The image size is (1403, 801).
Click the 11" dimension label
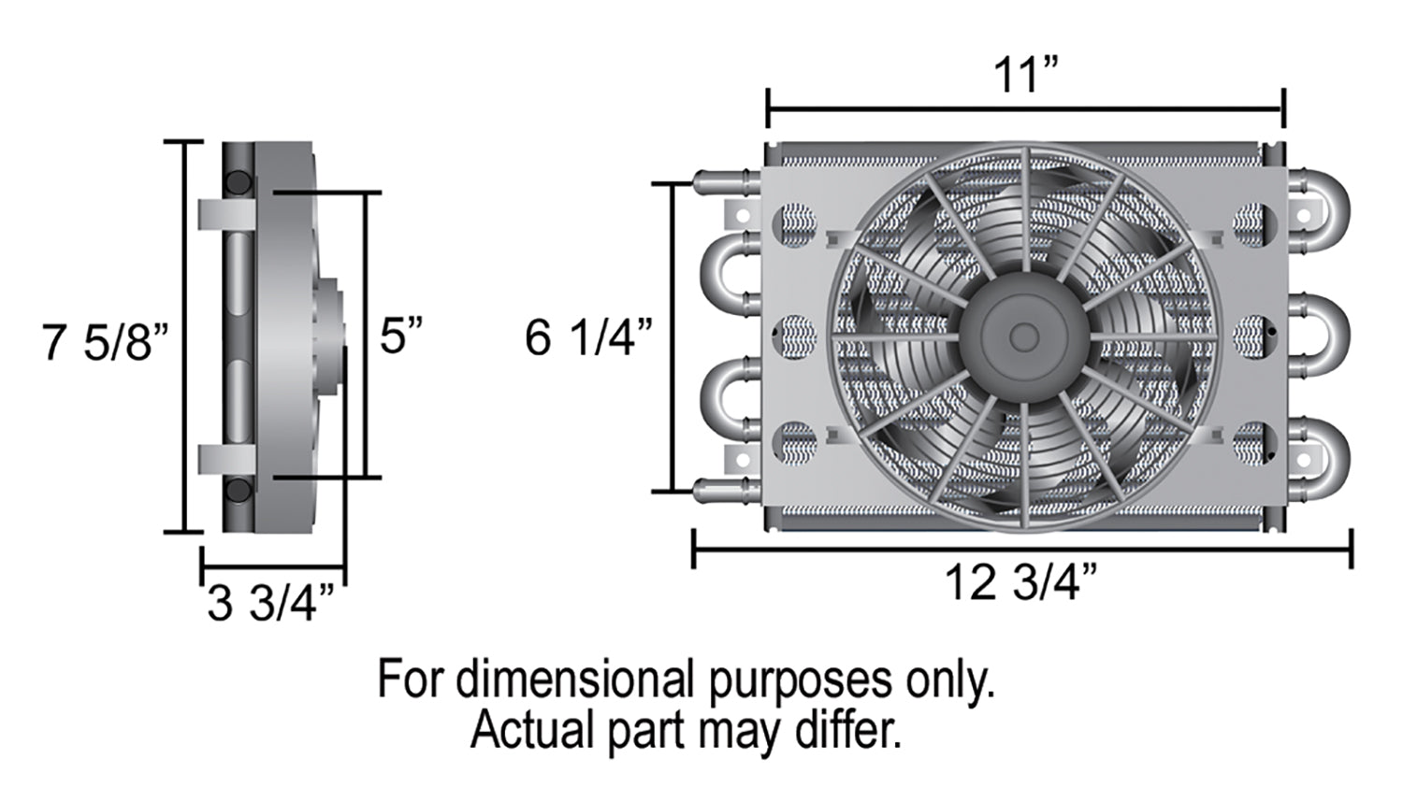pos(1025,75)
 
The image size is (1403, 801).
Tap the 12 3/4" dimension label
pos(1020,582)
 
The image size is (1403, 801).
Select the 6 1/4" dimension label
pos(588,337)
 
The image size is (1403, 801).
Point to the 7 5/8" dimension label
pos(105,342)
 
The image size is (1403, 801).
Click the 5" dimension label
pos(401,336)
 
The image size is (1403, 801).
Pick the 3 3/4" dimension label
pos(270,603)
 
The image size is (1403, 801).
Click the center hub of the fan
pos(1024,337)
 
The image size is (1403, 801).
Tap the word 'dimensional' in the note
pos(575,679)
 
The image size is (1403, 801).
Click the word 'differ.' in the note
pos(847,730)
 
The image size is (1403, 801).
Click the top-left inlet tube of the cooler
pos(727,182)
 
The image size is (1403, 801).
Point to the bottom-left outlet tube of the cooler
pos(727,491)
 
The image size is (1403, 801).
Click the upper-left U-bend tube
pos(730,275)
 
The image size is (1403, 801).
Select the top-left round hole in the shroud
pos(795,224)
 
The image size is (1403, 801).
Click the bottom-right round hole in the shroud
pos(1254,444)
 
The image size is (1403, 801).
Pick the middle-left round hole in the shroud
pos(795,337)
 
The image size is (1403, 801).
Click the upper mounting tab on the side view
pos(226,215)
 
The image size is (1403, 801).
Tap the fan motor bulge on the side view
pos(330,336)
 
